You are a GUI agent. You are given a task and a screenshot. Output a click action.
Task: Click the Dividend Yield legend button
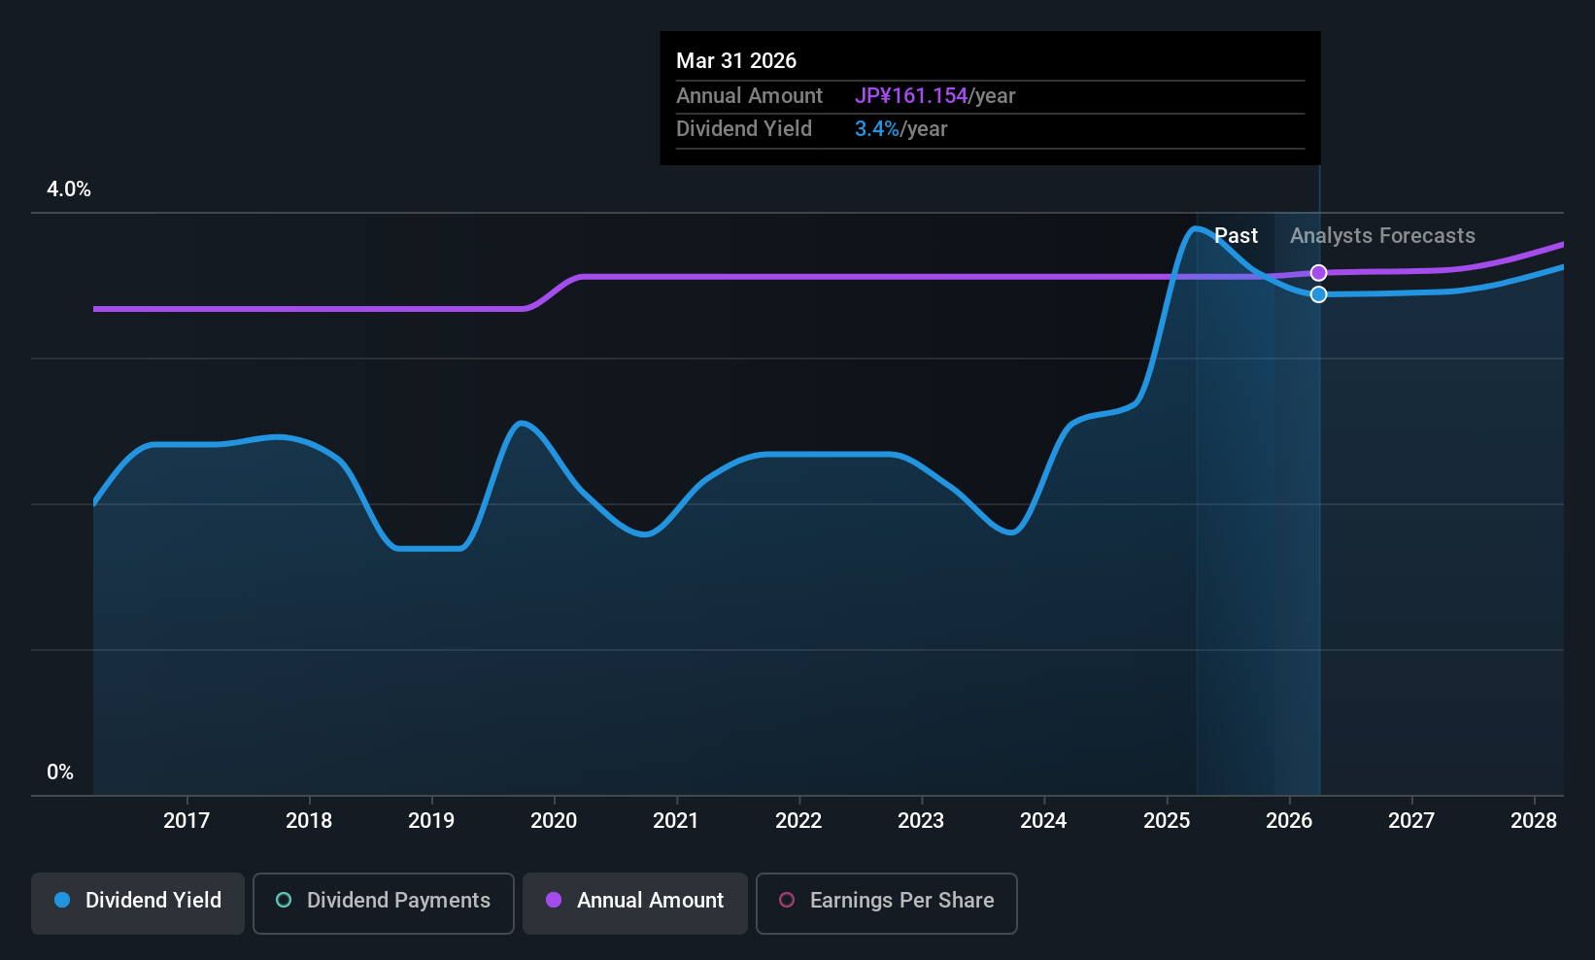point(138,901)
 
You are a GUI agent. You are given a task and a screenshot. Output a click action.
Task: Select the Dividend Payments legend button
point(384,901)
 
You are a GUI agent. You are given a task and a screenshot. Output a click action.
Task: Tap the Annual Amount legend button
point(635,901)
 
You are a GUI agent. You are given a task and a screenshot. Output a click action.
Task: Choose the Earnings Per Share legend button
point(886,901)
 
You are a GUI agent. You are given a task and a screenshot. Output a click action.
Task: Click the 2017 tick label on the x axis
point(187,821)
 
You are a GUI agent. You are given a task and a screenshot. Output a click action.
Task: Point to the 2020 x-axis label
point(554,821)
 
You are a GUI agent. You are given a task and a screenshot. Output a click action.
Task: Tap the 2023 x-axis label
point(921,821)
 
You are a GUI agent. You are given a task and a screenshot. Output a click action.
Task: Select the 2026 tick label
point(1289,821)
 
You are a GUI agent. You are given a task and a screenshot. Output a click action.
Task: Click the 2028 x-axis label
point(1534,821)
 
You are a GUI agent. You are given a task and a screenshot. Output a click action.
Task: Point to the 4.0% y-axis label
point(69,189)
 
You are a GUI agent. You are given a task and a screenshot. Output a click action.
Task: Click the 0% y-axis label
point(60,772)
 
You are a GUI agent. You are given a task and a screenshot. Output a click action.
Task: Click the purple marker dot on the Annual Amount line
point(1318,273)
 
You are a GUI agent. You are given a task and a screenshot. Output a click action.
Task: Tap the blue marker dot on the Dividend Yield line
point(1318,294)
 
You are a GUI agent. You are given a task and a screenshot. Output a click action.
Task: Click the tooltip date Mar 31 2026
point(736,61)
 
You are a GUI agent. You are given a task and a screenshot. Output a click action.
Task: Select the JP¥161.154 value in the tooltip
point(911,96)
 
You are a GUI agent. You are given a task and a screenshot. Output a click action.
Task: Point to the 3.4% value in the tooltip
point(877,129)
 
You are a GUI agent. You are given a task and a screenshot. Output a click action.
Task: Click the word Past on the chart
point(1237,236)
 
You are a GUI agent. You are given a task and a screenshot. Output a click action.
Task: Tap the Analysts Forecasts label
point(1382,236)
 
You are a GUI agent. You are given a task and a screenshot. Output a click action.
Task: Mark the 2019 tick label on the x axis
point(431,821)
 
